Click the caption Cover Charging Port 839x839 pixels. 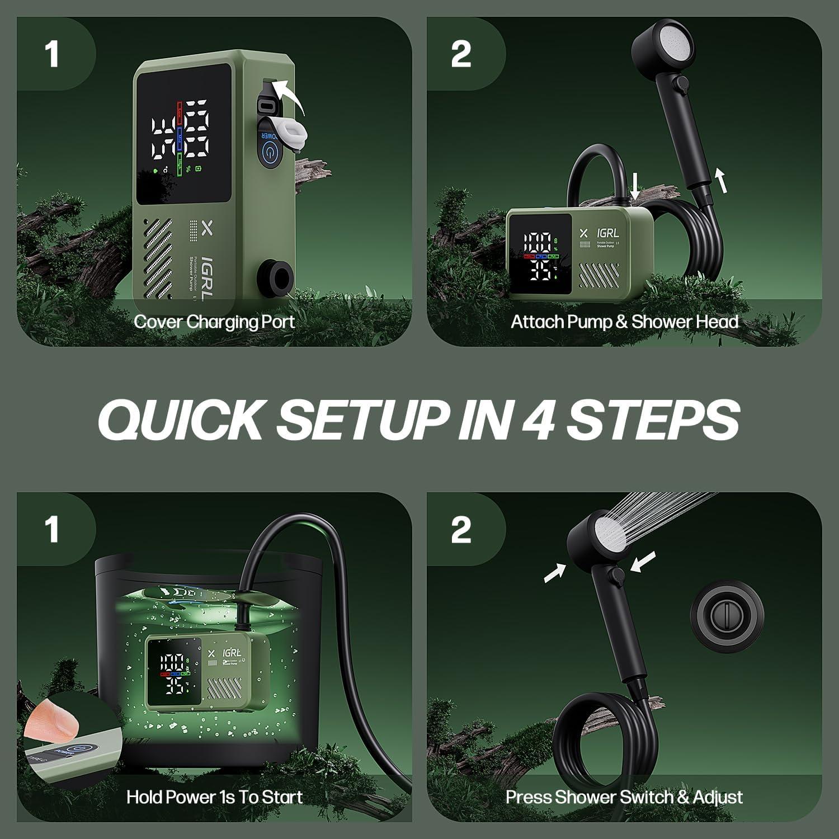coord(214,322)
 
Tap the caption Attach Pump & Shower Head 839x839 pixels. coord(624,322)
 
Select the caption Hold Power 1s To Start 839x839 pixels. coord(214,796)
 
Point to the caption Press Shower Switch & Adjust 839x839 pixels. coord(624,796)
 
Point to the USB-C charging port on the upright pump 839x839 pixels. coord(267,105)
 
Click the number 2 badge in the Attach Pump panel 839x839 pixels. coord(460,55)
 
